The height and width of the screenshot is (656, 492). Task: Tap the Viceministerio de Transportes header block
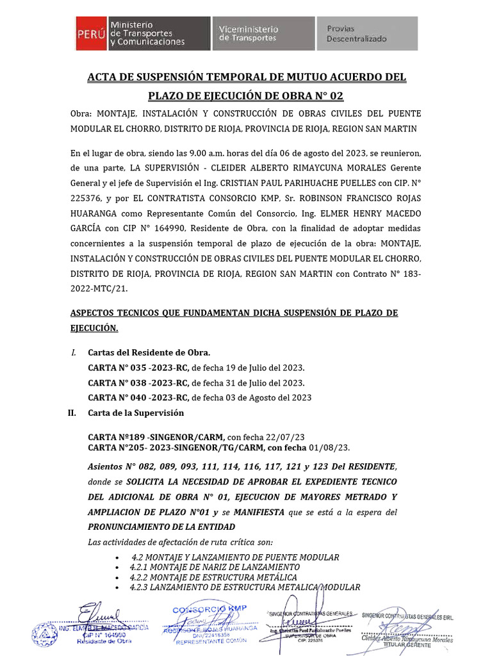pyautogui.click(x=263, y=33)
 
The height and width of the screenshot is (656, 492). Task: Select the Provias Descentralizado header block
pyautogui.click(x=367, y=33)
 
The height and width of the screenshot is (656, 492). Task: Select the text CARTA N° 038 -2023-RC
pyautogui.click(x=138, y=382)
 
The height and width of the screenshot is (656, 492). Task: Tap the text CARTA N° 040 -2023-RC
pyautogui.click(x=138, y=397)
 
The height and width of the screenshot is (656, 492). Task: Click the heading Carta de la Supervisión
pyautogui.click(x=135, y=413)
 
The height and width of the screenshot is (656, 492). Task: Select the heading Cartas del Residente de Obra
pyautogui.click(x=148, y=353)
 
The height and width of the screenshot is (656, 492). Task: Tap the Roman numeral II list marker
pyautogui.click(x=72, y=413)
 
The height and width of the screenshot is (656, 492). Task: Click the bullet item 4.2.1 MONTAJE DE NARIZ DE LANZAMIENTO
pyautogui.click(x=214, y=568)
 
